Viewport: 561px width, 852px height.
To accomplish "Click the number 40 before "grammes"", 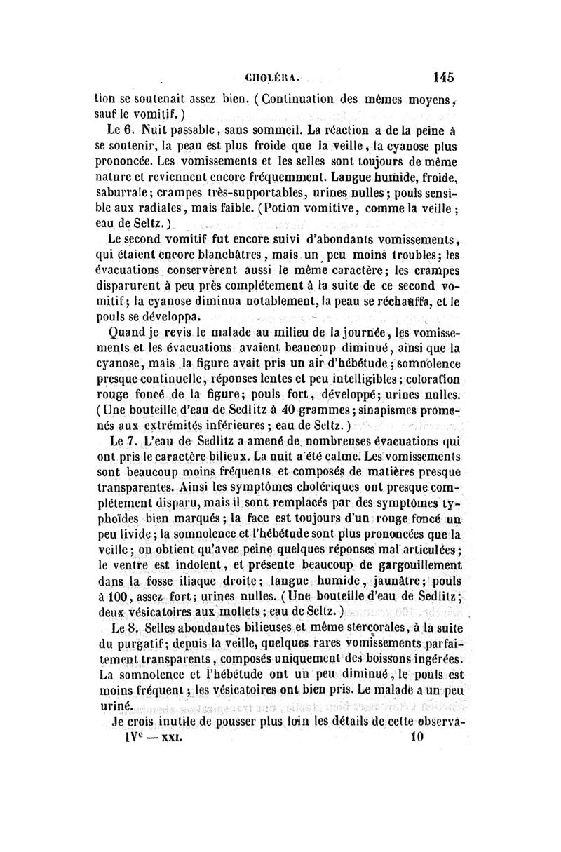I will (x=290, y=411).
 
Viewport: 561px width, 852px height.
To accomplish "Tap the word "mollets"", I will (x=213, y=614).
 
